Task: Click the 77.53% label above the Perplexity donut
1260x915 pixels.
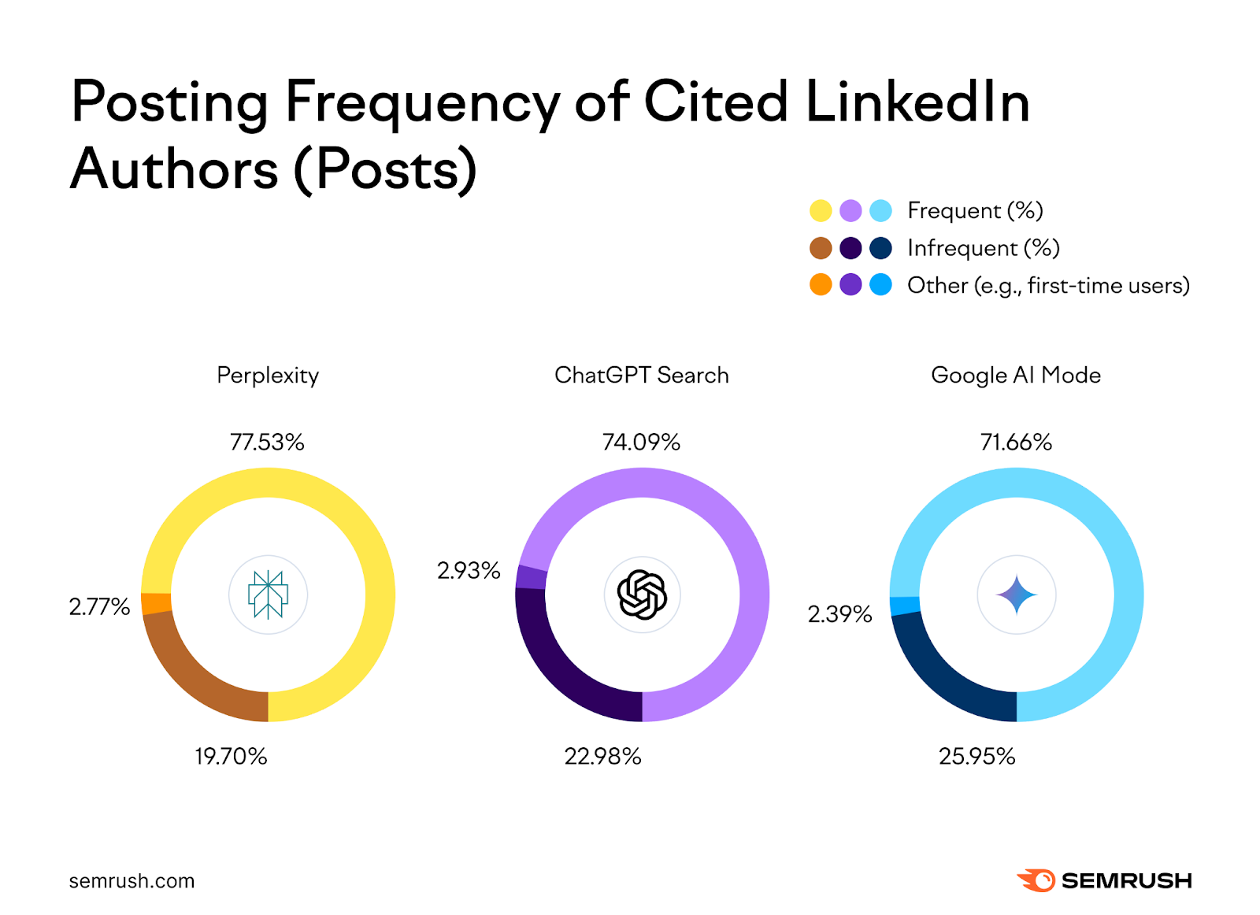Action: (267, 442)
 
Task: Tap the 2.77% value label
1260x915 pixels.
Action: (99, 606)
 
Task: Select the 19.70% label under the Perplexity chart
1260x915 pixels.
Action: (231, 756)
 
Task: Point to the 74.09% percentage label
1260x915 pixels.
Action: (641, 442)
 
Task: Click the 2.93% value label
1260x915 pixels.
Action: (469, 570)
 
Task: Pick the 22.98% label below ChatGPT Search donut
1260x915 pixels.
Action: (602, 756)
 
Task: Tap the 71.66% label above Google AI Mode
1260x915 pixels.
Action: (1016, 442)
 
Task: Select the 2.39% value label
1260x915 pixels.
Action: (839, 614)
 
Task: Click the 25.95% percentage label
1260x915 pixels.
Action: (976, 756)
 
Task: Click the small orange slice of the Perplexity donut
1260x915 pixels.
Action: (156, 603)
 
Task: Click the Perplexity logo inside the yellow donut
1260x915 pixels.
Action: (268, 595)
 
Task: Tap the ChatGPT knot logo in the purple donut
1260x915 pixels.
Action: (642, 595)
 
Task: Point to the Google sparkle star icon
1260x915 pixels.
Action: (1016, 595)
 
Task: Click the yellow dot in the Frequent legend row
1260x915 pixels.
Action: (821, 211)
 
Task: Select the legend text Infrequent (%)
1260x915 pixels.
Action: (983, 248)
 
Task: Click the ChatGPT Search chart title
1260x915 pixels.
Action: (641, 375)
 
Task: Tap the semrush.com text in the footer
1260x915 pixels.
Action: (132, 880)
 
